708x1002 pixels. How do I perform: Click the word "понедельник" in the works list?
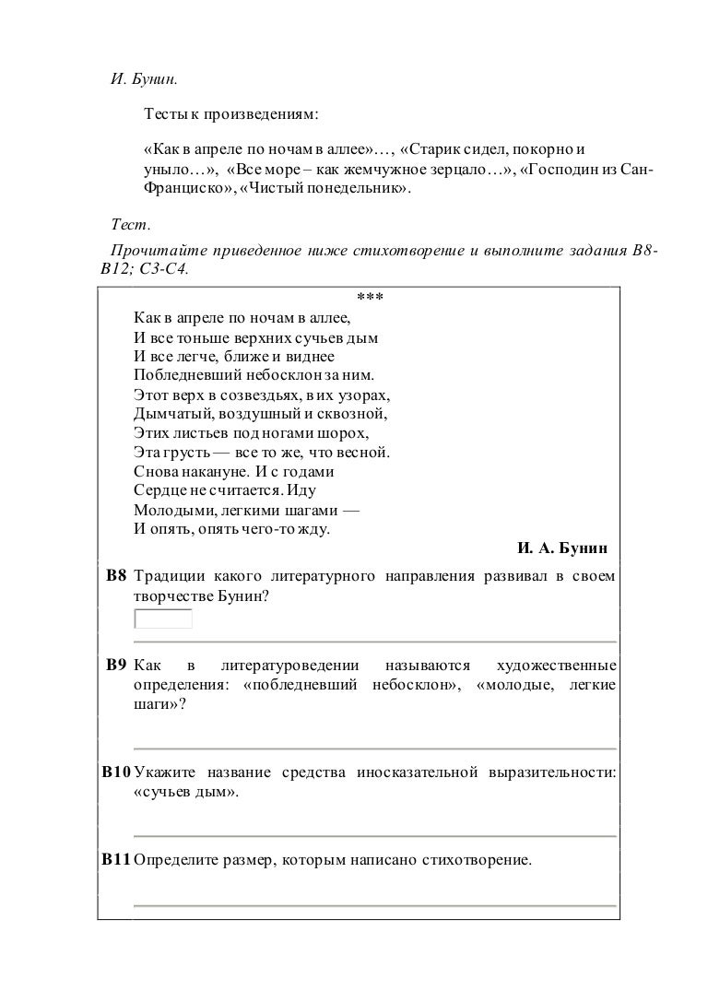[361, 189]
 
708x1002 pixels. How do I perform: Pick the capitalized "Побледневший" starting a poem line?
[182, 375]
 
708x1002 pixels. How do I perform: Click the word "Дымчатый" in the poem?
[168, 414]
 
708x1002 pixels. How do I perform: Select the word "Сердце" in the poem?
[158, 491]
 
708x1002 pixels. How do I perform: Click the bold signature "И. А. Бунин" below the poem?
[562, 549]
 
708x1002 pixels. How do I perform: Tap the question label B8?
[115, 577]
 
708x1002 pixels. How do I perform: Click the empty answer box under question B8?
[163, 618]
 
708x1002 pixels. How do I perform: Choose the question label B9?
[115, 665]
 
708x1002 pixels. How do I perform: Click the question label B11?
[116, 859]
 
